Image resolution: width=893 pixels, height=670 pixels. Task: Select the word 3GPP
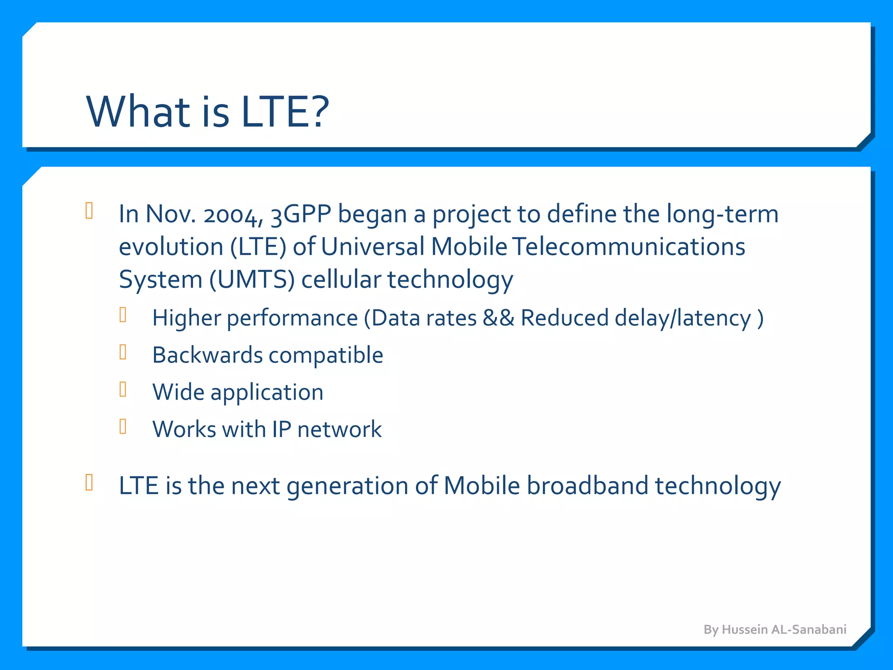point(301,215)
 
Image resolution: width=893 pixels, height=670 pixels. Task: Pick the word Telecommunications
point(628,247)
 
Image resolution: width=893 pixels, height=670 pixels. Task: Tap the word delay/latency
point(683,318)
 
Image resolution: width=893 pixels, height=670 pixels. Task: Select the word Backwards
point(207,355)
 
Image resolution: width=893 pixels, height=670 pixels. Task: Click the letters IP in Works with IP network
point(281,429)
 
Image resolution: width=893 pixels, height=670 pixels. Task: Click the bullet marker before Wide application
point(123,389)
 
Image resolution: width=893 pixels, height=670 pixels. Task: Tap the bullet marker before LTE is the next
point(89,482)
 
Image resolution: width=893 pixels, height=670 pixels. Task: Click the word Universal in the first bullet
point(373,247)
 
